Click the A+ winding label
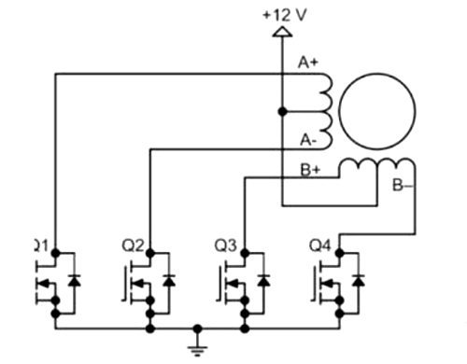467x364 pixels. click(x=307, y=63)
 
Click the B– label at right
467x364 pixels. click(x=403, y=186)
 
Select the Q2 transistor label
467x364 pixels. click(x=133, y=246)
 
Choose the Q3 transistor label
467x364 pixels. click(x=225, y=246)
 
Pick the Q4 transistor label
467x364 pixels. click(x=320, y=246)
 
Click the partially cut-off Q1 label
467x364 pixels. click(x=40, y=246)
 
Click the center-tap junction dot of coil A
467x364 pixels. click(x=282, y=112)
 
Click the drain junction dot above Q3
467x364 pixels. click(x=245, y=252)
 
